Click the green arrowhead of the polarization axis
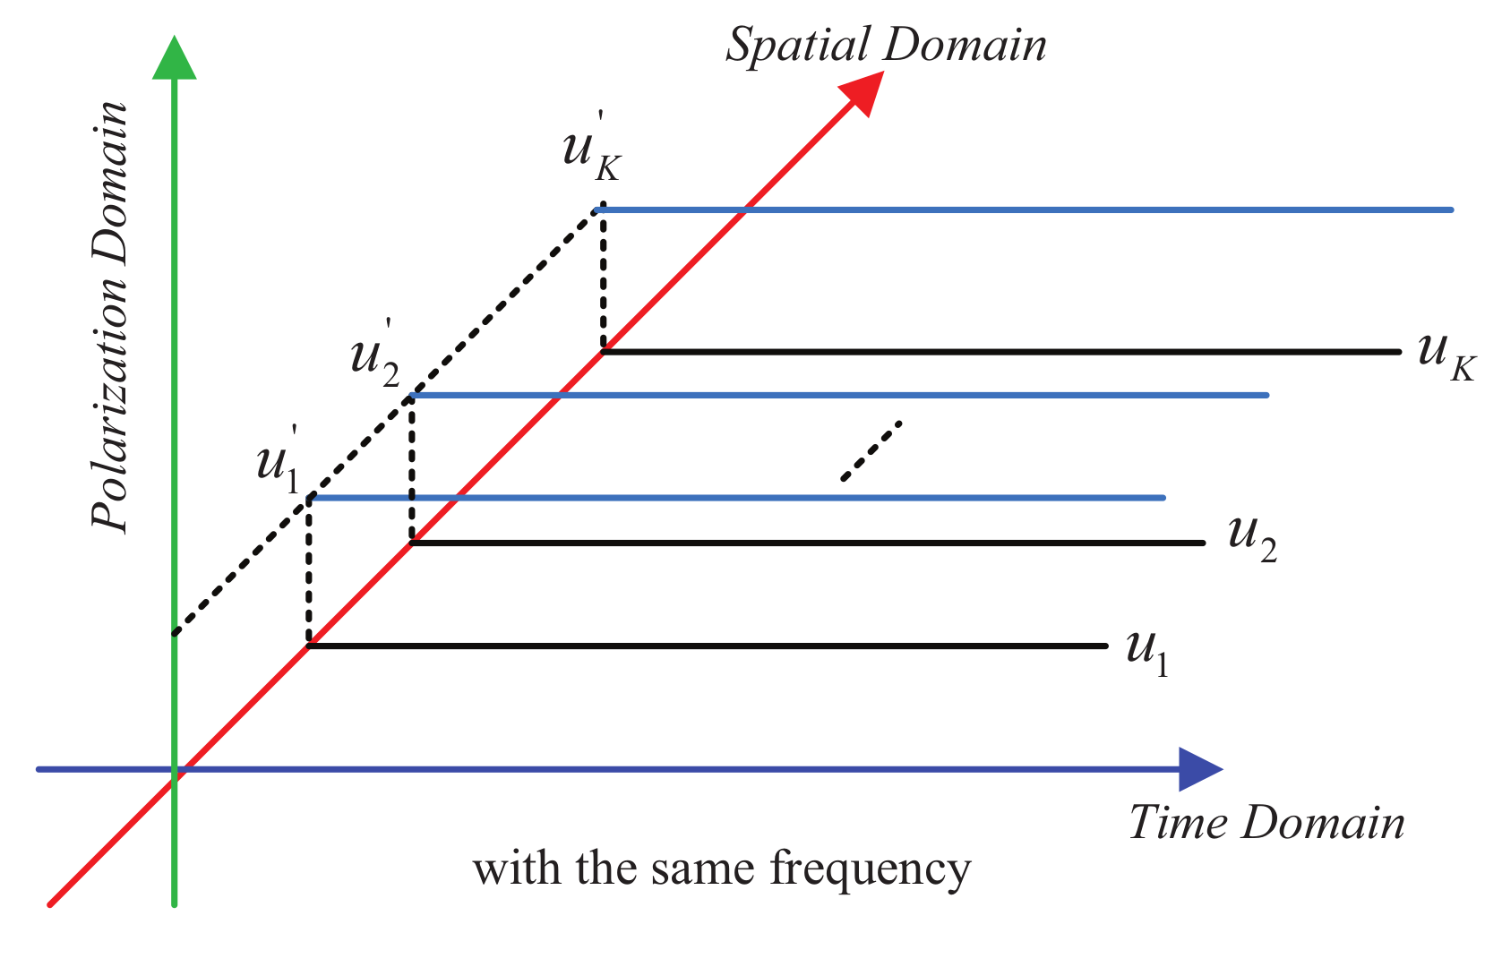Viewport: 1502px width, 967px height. (x=174, y=59)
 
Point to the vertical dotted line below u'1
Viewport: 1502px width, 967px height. (x=309, y=570)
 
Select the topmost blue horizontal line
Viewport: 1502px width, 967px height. (x=1021, y=210)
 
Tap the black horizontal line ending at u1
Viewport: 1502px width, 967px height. (x=708, y=646)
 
